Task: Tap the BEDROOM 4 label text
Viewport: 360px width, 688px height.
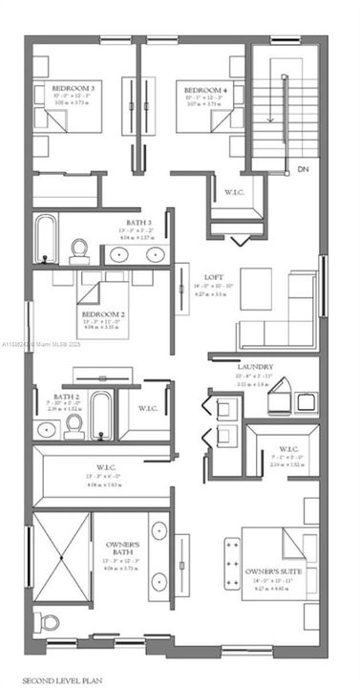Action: pos(206,87)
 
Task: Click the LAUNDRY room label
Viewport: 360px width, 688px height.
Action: pos(255,366)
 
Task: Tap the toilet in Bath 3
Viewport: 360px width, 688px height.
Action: pos(80,248)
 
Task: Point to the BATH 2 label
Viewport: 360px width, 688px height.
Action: pos(65,396)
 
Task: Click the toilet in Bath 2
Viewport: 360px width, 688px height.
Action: pos(74,427)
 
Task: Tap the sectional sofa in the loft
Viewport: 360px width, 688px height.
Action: pos(277,325)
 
